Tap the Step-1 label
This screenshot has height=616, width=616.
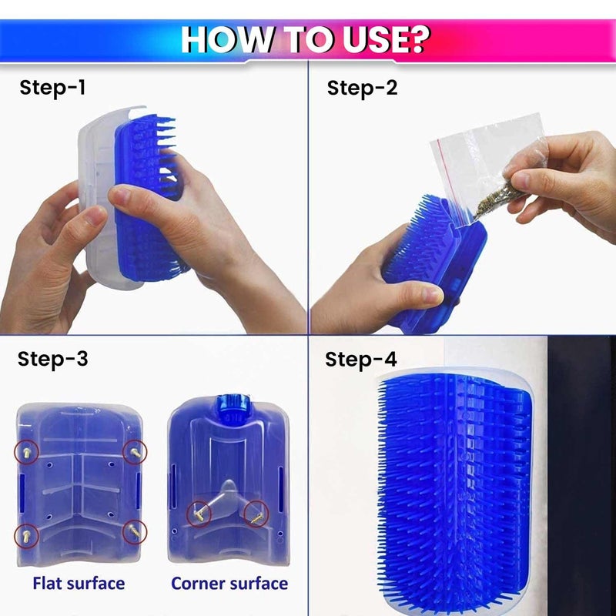tap(52, 88)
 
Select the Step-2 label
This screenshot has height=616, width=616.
tap(362, 88)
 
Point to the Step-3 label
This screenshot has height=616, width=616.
tap(52, 359)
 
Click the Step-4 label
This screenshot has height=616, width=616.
tap(361, 360)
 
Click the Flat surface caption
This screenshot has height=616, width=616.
tap(78, 583)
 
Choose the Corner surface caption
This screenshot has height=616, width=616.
tap(229, 583)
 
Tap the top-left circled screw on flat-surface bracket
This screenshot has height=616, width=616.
tap(25, 451)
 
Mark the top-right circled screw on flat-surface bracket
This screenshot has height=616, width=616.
tap(136, 451)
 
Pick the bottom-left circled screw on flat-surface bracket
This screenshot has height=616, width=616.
tap(25, 533)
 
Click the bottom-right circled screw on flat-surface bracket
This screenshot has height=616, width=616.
tap(136, 531)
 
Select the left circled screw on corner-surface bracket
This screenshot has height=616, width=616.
tap(199, 511)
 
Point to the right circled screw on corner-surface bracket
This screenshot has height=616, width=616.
tap(255, 511)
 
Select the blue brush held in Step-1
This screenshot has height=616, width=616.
tap(151, 200)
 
